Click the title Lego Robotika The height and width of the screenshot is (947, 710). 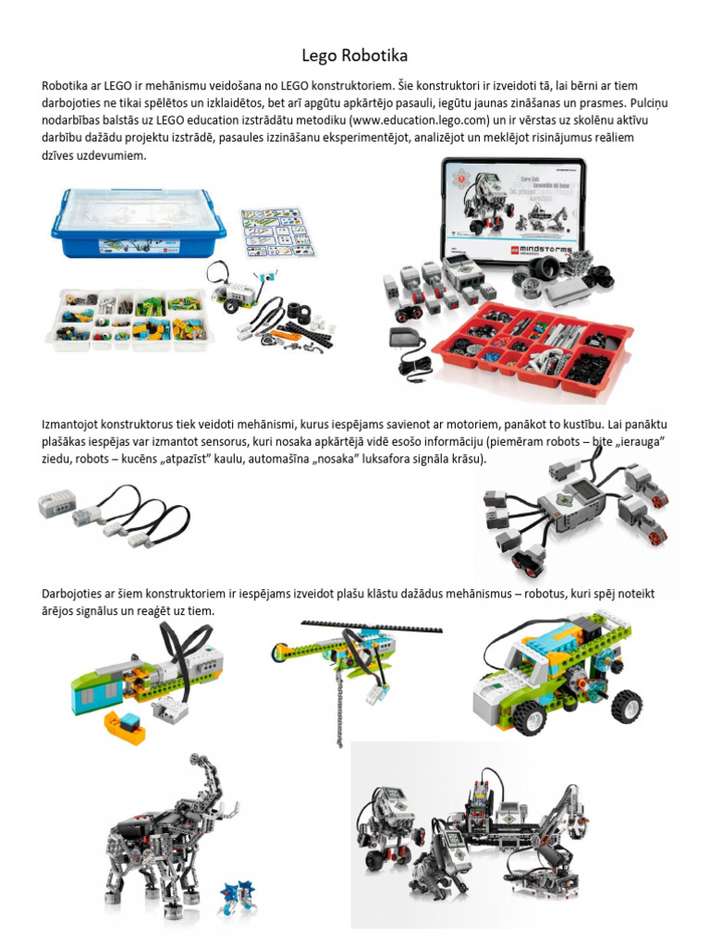pos(355,55)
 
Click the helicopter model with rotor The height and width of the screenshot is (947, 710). pos(351,652)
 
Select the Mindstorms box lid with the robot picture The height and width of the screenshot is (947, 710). pos(514,210)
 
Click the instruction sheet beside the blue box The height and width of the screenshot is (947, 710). pos(277,231)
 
